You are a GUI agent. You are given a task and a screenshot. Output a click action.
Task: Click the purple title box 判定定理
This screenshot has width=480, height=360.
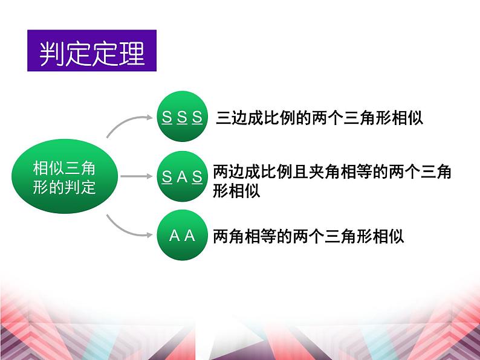click(x=92, y=51)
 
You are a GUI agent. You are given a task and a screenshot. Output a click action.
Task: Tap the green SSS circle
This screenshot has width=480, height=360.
click(x=182, y=117)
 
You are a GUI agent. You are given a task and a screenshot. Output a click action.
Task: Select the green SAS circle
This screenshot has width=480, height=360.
click(x=182, y=176)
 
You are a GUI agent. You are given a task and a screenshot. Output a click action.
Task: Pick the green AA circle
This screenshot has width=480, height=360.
click(x=182, y=235)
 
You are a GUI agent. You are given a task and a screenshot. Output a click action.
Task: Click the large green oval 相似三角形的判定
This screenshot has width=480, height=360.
click(x=65, y=176)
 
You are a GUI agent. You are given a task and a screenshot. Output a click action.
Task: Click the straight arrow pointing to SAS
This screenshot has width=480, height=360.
click(x=136, y=176)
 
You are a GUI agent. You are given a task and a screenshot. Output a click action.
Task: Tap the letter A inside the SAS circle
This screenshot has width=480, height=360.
click(x=182, y=177)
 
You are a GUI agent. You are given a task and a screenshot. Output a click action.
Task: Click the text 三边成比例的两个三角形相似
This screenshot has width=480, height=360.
click(x=319, y=118)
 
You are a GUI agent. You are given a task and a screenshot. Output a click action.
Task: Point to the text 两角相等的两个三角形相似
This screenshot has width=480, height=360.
click(x=308, y=236)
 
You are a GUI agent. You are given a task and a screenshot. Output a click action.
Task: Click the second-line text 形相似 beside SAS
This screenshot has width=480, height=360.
click(x=236, y=191)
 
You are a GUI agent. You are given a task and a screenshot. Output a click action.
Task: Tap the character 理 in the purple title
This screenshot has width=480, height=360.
click(x=131, y=53)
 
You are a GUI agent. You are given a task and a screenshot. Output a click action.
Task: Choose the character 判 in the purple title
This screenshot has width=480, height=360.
click(x=52, y=53)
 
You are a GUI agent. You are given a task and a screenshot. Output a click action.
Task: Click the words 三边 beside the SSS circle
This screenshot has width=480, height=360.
click(x=232, y=118)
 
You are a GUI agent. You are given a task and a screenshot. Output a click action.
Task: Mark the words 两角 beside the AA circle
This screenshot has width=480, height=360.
click(x=229, y=236)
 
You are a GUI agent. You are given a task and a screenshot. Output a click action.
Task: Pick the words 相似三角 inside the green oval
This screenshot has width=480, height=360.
click(x=64, y=168)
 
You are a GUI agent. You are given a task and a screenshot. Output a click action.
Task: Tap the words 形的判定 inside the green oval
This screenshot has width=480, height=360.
click(x=64, y=187)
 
